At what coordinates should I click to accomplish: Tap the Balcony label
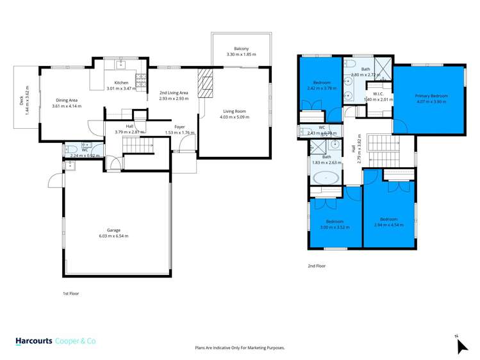[241, 49]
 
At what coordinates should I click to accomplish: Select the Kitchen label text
[121, 83]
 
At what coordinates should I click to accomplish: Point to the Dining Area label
[67, 100]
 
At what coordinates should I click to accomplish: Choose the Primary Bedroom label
[431, 95]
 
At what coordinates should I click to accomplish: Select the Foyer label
[179, 127]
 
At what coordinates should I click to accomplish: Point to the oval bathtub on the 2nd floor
[328, 177]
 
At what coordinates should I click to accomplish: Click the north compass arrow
[462, 345]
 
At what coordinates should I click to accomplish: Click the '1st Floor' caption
[70, 293]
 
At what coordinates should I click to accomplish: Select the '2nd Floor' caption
[317, 265]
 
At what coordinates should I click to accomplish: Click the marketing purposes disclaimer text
[240, 347]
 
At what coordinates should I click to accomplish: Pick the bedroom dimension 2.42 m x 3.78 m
[322, 89]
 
